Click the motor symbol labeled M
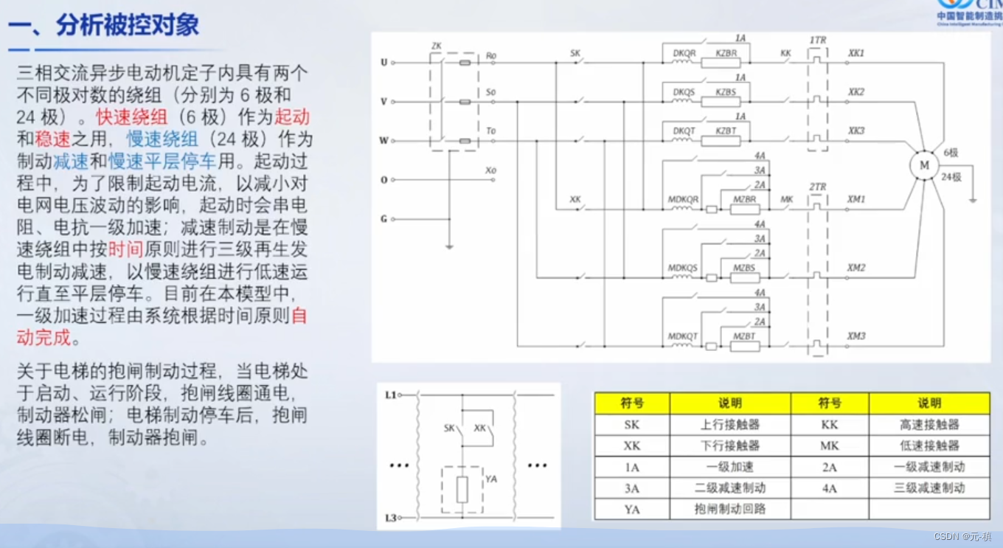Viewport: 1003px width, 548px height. coord(923,166)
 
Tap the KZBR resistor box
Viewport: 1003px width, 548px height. coord(725,63)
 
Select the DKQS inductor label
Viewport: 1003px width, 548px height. coord(684,92)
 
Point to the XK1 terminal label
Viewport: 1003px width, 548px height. coord(856,54)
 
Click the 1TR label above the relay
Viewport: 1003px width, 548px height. coord(818,39)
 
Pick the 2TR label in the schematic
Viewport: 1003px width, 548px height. coord(817,187)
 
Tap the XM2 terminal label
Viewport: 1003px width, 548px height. coord(856,268)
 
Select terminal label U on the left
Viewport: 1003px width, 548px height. coord(383,63)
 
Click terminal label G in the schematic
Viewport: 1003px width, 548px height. coord(383,219)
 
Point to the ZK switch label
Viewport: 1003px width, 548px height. coord(436,46)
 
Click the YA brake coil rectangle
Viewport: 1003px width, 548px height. coord(462,490)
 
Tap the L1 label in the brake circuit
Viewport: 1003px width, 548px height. coord(391,395)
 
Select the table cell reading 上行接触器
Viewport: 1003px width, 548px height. coord(729,425)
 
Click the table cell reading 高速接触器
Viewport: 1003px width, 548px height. coord(929,425)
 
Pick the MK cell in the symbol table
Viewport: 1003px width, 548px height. coord(829,445)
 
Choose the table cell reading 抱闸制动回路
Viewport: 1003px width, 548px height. coord(729,509)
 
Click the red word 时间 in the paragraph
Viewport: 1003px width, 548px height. coord(125,249)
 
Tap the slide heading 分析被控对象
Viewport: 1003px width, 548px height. coord(126,26)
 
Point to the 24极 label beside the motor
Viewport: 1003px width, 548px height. coord(951,177)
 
